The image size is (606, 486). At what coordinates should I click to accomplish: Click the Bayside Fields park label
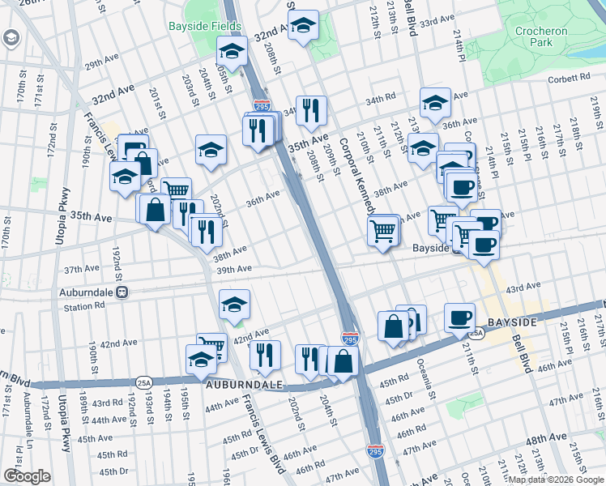click(x=205, y=26)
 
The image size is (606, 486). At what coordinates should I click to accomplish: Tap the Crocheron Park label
click(x=542, y=37)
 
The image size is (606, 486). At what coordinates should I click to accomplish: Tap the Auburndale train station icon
click(x=122, y=292)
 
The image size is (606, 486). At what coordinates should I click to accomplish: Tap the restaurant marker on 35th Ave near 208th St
click(x=310, y=110)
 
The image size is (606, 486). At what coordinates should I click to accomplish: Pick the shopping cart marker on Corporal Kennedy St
click(x=383, y=229)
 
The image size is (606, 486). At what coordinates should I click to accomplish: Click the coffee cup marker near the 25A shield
click(x=459, y=317)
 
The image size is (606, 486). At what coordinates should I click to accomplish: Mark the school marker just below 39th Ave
click(x=234, y=305)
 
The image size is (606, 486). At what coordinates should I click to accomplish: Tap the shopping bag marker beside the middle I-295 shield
click(x=343, y=361)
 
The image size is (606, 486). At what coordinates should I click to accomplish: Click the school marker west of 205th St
click(x=211, y=150)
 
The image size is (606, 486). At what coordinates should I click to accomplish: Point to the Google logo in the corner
click(x=27, y=476)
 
